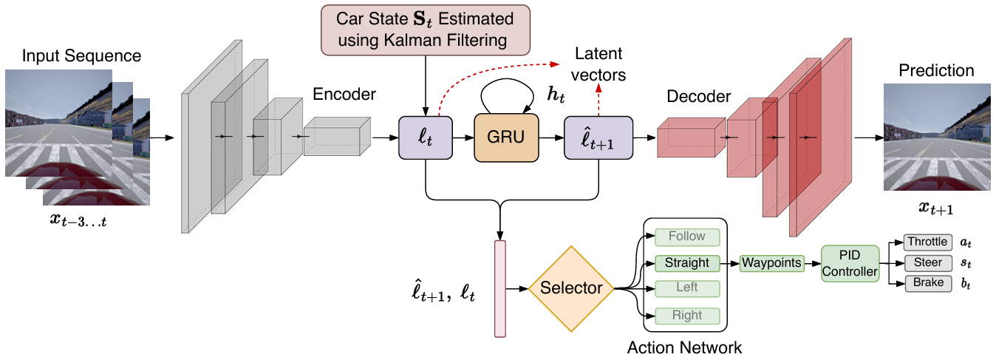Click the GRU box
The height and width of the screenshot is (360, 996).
[x=507, y=138]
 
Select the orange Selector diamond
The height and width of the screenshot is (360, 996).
[x=571, y=288]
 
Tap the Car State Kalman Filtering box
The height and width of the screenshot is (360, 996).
[x=427, y=30]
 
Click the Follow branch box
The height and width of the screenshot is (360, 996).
[x=686, y=237]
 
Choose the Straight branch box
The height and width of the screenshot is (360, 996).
[x=686, y=262]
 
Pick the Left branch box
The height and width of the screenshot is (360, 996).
[x=686, y=288]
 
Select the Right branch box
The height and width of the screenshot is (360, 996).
[x=686, y=316]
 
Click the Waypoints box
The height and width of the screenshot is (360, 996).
[x=772, y=263]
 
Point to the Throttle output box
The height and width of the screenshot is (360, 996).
[x=927, y=242]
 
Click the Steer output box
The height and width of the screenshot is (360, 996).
[x=927, y=262]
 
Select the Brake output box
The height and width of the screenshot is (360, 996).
[x=927, y=283]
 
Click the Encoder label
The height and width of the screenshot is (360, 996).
[x=344, y=95]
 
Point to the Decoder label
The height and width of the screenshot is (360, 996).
[x=698, y=97]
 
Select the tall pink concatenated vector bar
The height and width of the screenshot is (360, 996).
[x=500, y=288]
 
